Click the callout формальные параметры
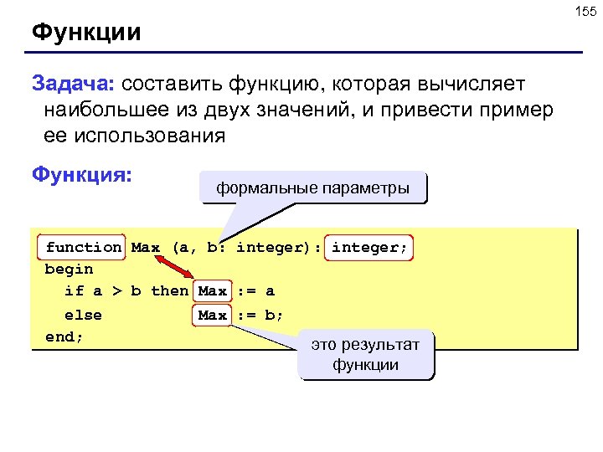point(313,187)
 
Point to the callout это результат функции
point(366,354)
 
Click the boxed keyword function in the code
point(83,247)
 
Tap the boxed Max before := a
point(213,291)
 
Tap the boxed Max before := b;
point(213,315)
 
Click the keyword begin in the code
point(69,270)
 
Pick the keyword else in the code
point(83,315)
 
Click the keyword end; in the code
point(64,336)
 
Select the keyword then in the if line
point(169,291)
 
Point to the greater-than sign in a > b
point(116,291)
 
